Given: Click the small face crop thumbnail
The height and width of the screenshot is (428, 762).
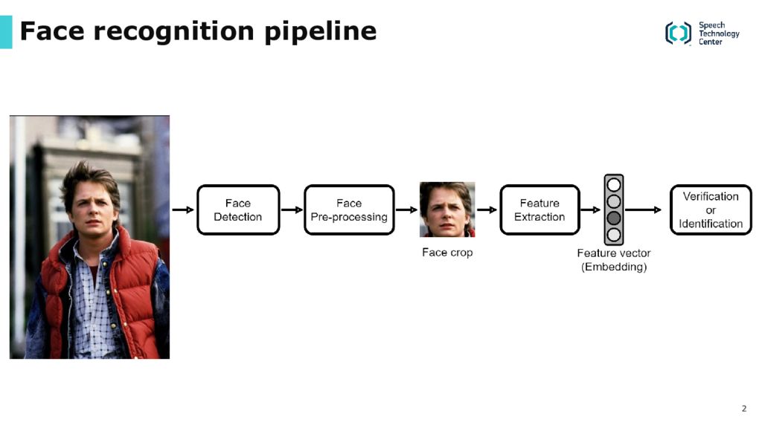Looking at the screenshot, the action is [x=447, y=210].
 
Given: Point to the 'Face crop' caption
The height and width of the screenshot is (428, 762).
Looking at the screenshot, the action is [x=447, y=253].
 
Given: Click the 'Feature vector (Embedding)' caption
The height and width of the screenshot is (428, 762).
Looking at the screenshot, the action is [x=614, y=260].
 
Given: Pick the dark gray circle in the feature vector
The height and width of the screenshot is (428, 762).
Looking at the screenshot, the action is [x=614, y=218].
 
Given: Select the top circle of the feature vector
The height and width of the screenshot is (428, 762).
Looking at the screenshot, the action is [x=614, y=184].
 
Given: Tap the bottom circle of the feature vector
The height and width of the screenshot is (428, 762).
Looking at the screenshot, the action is [x=614, y=235].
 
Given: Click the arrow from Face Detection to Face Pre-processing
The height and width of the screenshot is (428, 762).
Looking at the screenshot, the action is [x=292, y=210].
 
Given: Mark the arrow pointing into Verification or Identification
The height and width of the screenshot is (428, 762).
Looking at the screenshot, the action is [x=644, y=210].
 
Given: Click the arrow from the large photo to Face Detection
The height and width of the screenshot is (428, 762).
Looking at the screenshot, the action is [x=183, y=210].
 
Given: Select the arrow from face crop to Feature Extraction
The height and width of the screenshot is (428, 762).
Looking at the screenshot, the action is [x=487, y=210].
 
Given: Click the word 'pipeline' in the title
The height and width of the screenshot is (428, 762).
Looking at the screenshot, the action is [x=321, y=32].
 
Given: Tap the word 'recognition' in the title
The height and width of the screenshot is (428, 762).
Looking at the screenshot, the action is [x=174, y=32].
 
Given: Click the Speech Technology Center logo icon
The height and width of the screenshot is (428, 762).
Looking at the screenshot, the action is [x=678, y=33].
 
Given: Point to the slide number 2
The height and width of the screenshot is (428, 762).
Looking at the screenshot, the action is [x=744, y=409].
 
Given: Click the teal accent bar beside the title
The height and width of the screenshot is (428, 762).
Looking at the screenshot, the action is [x=6, y=32].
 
